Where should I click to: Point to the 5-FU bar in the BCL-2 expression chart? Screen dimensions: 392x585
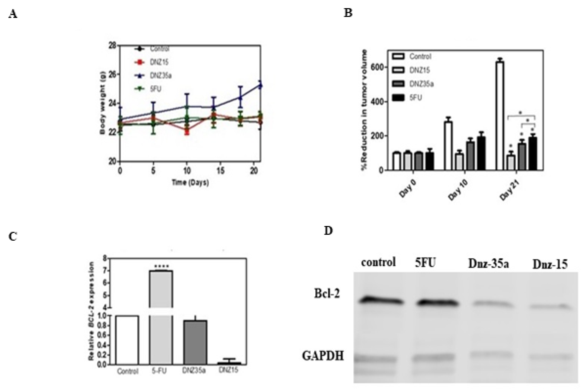click(161, 317)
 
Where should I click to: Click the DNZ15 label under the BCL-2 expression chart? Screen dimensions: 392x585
click(228, 370)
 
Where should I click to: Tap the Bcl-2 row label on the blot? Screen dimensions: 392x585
click(327, 293)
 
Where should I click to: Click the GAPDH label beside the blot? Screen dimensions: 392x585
click(323, 356)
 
